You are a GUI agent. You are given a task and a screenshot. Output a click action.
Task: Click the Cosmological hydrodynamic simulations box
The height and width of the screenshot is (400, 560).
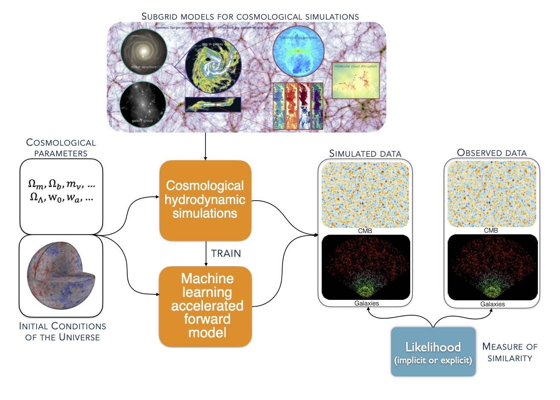tap(205, 200)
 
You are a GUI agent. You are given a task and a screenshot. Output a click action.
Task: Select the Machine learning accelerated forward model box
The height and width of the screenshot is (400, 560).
tap(206, 305)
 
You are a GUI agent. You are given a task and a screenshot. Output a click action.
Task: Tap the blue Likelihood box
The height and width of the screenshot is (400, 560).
tap(433, 352)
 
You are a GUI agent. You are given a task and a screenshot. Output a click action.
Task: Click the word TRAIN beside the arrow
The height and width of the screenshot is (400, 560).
tap(226, 253)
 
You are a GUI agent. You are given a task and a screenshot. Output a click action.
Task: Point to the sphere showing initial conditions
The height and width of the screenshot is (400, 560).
tap(61, 276)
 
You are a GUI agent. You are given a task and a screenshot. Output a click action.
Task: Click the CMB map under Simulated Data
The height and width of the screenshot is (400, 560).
tap(365, 195)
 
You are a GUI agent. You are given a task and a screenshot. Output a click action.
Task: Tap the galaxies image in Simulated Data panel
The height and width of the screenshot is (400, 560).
tap(366, 267)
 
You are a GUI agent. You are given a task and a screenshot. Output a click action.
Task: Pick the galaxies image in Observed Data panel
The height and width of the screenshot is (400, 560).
tap(492, 267)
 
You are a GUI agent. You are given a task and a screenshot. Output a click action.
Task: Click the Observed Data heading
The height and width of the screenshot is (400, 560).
tap(491, 153)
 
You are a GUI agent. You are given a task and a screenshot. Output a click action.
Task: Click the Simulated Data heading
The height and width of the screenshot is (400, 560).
tap(365, 153)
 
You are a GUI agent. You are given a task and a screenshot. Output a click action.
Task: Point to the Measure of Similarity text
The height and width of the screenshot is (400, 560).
tap(510, 352)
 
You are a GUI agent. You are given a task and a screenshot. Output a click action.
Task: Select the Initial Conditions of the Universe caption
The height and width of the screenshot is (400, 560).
tap(63, 331)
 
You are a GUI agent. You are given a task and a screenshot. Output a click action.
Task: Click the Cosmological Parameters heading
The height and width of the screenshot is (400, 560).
tap(61, 148)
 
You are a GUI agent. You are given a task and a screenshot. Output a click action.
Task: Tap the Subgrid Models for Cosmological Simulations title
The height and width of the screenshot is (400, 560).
tap(250, 17)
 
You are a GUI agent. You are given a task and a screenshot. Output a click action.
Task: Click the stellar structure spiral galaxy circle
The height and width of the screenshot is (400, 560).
tap(143, 52)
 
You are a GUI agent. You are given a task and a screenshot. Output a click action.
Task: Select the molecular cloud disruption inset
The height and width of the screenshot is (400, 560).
tap(355, 81)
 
